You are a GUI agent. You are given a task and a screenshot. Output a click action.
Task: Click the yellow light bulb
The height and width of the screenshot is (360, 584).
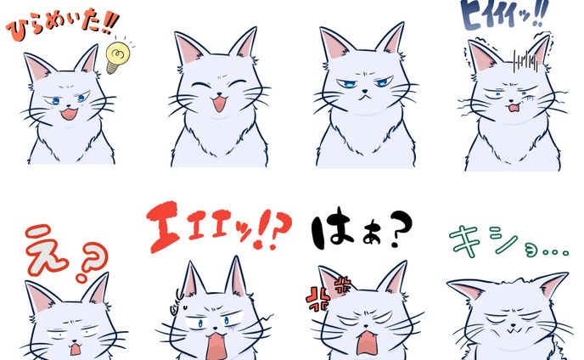coord(116,57)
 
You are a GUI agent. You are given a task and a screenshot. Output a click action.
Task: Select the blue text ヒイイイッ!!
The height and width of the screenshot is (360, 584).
coord(504,14)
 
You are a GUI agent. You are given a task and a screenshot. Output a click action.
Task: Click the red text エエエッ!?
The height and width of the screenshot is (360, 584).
coord(219,227)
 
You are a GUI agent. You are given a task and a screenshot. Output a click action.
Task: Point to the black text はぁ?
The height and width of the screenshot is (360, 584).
coord(362,228)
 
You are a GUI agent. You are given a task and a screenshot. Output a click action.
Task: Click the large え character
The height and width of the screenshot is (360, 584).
coord(46,249)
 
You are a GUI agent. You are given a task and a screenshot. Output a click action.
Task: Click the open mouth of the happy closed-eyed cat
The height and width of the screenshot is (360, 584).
coord(219,104)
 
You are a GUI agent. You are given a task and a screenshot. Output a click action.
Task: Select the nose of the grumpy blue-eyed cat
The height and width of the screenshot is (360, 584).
coord(365,91)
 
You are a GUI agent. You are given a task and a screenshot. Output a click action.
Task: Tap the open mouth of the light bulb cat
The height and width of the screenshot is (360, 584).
coord(69,114)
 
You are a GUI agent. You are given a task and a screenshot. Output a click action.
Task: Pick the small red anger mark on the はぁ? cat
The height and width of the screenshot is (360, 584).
coord(343,284)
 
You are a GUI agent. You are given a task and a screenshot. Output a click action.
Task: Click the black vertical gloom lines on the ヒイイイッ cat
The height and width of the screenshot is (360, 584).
coord(525,61)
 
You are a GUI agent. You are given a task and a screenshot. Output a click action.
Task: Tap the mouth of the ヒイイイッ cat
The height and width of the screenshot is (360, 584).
coord(514,108)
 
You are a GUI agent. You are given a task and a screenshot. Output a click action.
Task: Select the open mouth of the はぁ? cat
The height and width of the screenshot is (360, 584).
coord(367,343)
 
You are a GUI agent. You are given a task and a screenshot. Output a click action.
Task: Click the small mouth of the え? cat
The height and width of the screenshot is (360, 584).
coord(76,349)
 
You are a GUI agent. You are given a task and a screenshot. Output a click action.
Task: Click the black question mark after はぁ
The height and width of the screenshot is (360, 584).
coord(401,228)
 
